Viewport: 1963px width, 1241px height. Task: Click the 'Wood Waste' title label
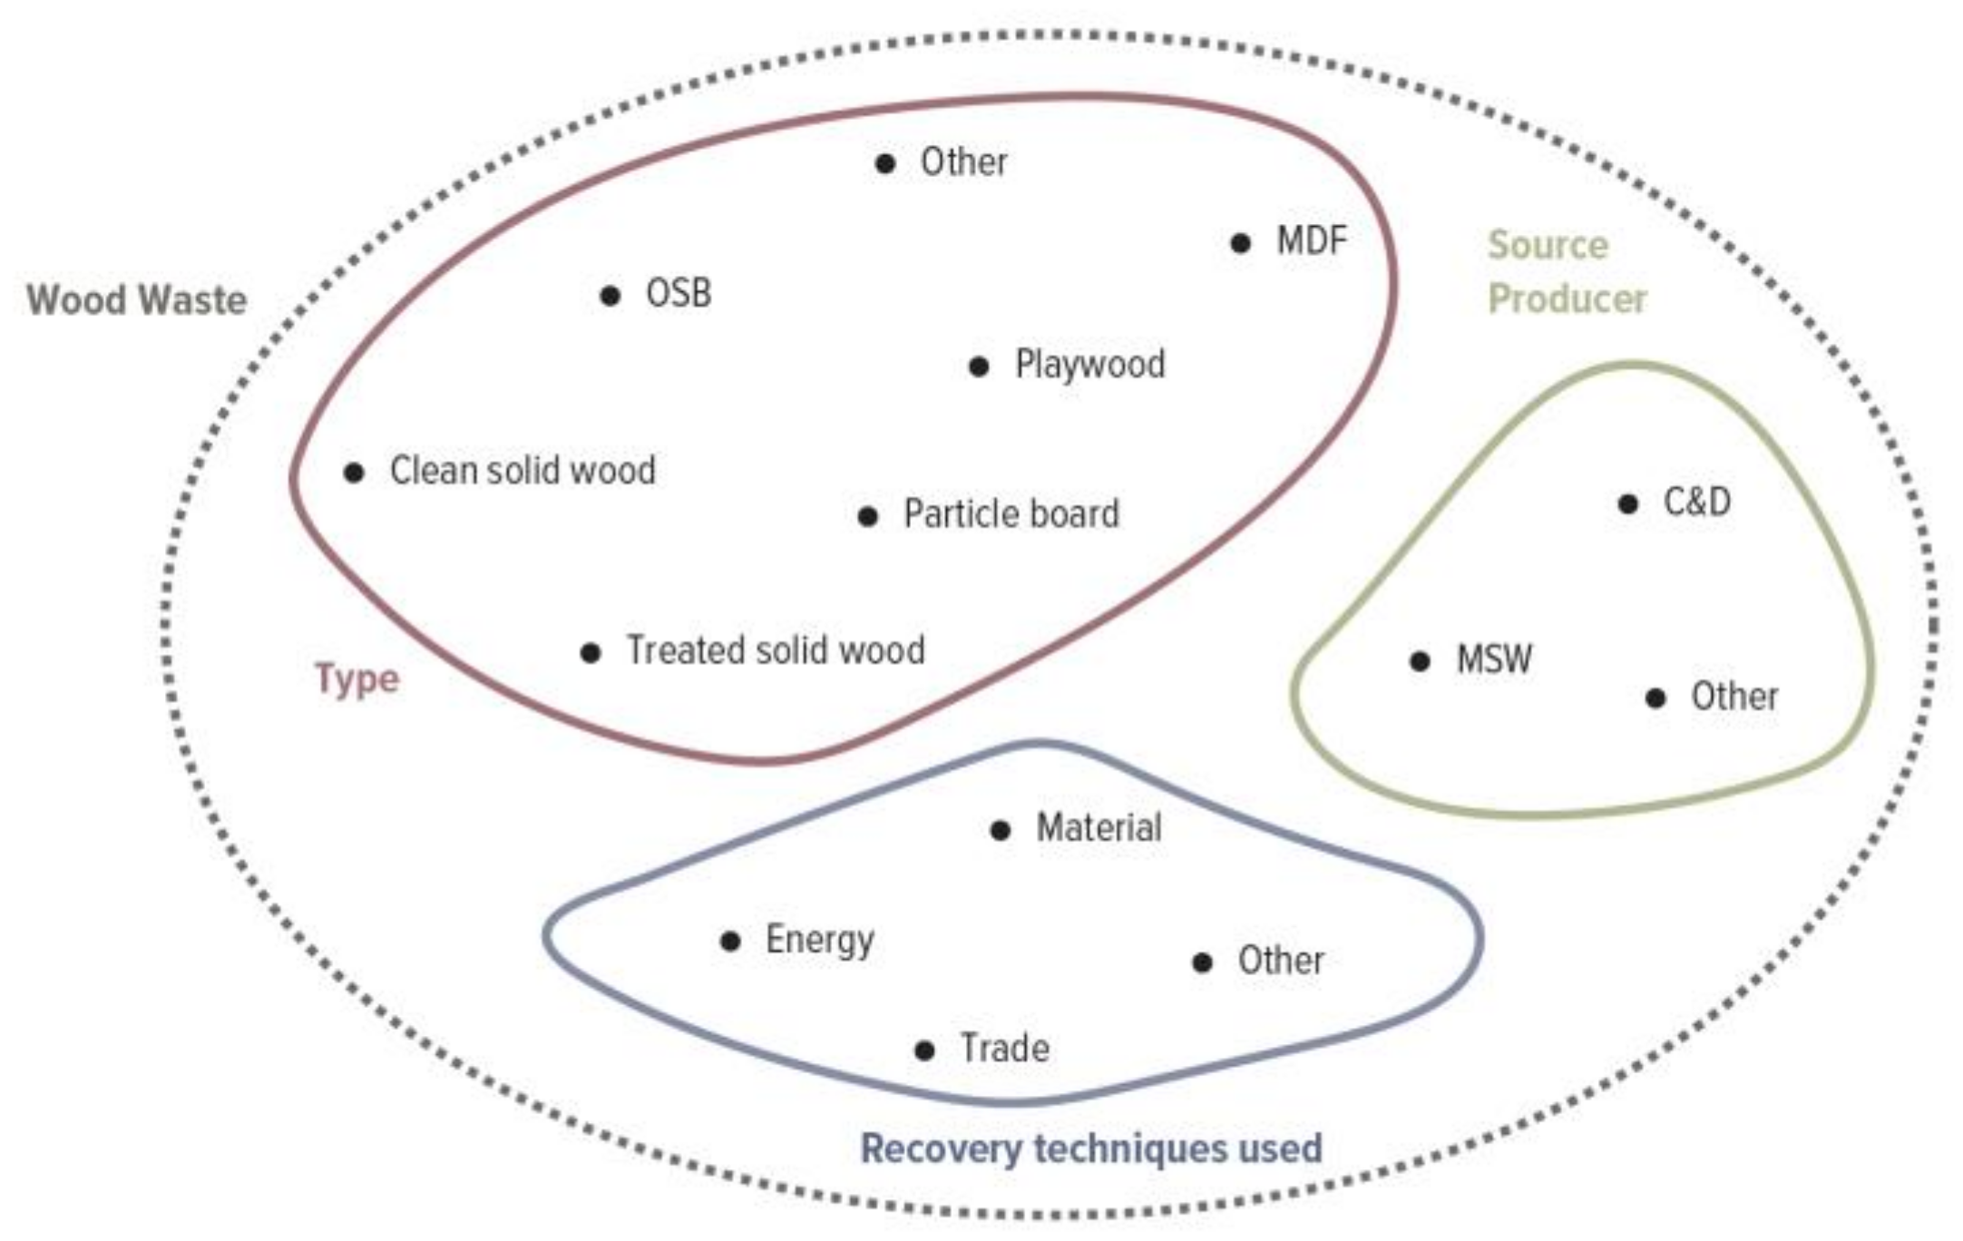tap(136, 300)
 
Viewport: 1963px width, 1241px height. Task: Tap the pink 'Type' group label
tap(356, 679)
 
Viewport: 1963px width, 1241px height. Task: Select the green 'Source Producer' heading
tap(1566, 271)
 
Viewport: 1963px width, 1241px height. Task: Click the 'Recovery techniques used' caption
tap(1090, 1148)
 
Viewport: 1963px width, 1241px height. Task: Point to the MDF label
tap(1311, 241)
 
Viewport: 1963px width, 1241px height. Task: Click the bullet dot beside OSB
tap(610, 296)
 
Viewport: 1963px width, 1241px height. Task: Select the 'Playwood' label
tap(1089, 365)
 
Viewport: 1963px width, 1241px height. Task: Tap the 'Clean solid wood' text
tap(522, 471)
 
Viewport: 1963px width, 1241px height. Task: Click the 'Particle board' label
tap(1011, 514)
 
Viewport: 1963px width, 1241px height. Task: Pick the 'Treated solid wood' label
tap(776, 650)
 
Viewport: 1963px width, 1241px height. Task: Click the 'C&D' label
tap(1696, 502)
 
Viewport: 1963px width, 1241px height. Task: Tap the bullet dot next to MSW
tap(1421, 661)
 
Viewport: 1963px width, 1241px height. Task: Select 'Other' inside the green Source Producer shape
tap(1733, 697)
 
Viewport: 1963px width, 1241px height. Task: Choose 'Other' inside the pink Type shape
tap(963, 162)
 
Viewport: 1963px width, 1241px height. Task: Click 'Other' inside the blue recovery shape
tap(1280, 961)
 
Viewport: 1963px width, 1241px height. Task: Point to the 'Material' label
tap(1098, 828)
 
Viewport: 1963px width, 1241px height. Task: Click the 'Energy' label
tap(819, 940)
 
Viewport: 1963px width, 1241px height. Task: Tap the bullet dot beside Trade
tap(924, 1050)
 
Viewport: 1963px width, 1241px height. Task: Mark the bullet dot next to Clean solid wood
tap(354, 473)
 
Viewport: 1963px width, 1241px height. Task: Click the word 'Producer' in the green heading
tap(1567, 299)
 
